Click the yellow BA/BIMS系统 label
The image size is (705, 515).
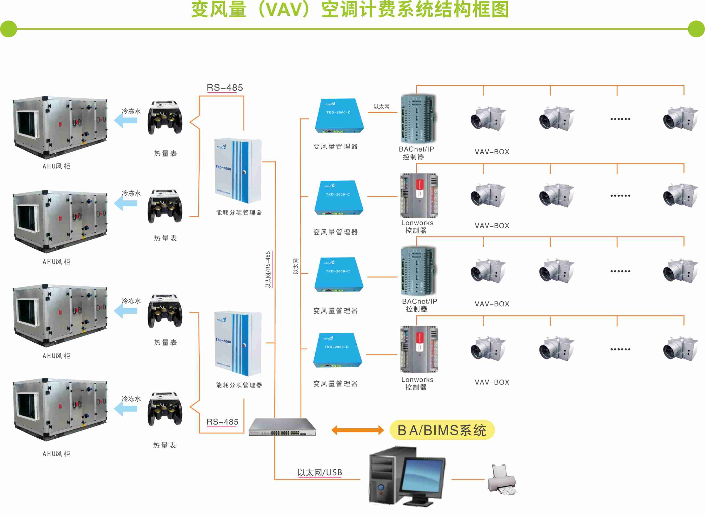pyautogui.click(x=442, y=430)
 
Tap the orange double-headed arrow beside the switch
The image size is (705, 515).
pyautogui.click(x=357, y=430)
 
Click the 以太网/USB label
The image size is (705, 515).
pyautogui.click(x=320, y=473)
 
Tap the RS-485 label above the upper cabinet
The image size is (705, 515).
pyautogui.click(x=225, y=87)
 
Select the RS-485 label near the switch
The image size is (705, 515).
pyautogui.click(x=222, y=422)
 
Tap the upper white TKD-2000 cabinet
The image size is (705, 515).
pyautogui.click(x=238, y=171)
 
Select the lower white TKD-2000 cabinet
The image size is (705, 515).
pyautogui.click(x=238, y=343)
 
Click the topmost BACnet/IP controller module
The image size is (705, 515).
pyautogui.click(x=418, y=118)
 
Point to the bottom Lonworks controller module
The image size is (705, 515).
pyautogui.click(x=419, y=349)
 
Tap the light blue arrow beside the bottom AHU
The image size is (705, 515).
pyautogui.click(x=126, y=409)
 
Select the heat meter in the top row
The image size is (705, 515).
pyautogui.click(x=165, y=118)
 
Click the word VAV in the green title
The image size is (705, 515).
pyautogui.click(x=284, y=9)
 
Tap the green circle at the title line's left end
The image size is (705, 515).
pyautogui.click(x=8, y=29)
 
